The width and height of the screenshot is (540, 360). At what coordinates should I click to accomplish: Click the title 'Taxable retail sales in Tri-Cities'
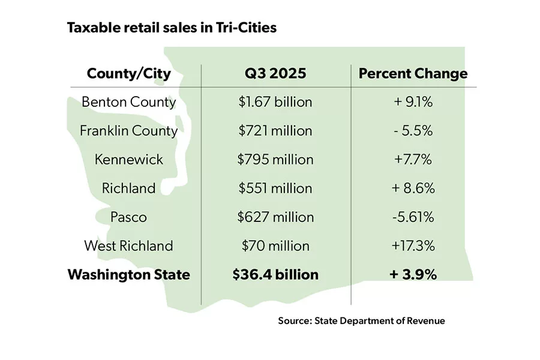click(172, 28)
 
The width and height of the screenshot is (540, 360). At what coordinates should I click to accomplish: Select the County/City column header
click(128, 74)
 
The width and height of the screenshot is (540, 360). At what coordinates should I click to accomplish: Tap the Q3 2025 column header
click(275, 74)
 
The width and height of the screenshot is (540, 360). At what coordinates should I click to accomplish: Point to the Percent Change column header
click(413, 74)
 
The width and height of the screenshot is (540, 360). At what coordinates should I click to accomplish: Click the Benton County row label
click(128, 102)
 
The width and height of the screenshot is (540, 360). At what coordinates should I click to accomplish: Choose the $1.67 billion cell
click(275, 102)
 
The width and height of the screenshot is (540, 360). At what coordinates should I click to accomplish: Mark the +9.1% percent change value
click(413, 102)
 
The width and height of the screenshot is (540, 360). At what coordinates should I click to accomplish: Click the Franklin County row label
click(128, 131)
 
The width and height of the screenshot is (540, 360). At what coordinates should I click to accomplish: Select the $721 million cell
click(275, 131)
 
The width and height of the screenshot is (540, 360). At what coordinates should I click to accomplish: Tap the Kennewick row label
click(128, 160)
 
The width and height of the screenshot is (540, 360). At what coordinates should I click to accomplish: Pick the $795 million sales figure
click(275, 160)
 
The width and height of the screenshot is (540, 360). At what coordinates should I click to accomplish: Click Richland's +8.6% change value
click(413, 188)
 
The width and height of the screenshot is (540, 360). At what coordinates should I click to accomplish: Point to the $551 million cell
click(275, 188)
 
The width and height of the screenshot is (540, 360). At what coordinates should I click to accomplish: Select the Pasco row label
click(128, 217)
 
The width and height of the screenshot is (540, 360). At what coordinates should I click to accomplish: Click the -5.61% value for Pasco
click(413, 217)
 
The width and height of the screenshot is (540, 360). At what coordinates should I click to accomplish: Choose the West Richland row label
click(128, 246)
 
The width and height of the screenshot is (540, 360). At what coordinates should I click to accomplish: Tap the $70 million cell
click(275, 246)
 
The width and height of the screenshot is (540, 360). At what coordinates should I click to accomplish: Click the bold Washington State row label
click(128, 275)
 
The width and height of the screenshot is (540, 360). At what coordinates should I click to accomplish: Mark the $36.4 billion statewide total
click(275, 275)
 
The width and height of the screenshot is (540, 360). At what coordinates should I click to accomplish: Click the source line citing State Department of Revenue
click(361, 321)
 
